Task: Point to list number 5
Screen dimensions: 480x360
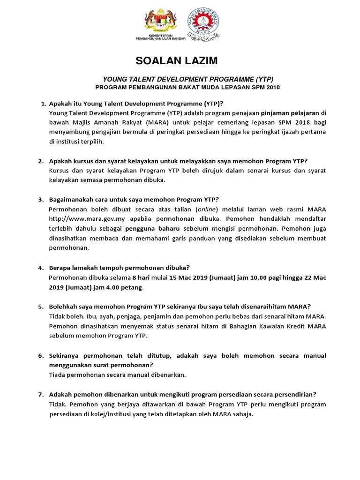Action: click(x=41, y=307)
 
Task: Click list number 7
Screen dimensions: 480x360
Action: click(x=41, y=394)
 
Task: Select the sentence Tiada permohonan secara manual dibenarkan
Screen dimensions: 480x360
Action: click(x=117, y=375)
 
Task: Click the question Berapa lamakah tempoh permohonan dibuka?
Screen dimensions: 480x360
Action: click(x=119, y=268)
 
